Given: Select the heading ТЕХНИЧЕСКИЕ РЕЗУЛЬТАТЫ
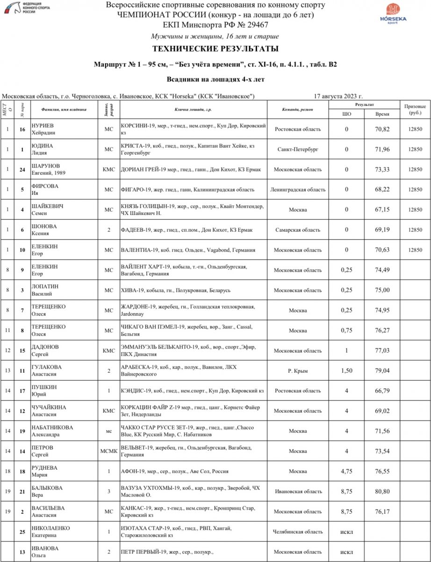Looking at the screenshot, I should click(x=215, y=49).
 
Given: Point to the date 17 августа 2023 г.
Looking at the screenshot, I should click(x=338, y=96).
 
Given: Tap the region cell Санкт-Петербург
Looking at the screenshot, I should click(x=298, y=149).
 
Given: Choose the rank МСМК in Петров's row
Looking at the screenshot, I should click(x=108, y=451).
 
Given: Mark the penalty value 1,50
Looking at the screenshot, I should click(x=346, y=371).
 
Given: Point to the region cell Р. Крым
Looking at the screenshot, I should click(x=298, y=371).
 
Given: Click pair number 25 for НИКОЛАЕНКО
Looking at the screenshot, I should click(x=22, y=532).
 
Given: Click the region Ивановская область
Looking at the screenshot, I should click(x=298, y=492).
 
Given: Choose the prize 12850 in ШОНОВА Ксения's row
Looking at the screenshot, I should click(x=415, y=230).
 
